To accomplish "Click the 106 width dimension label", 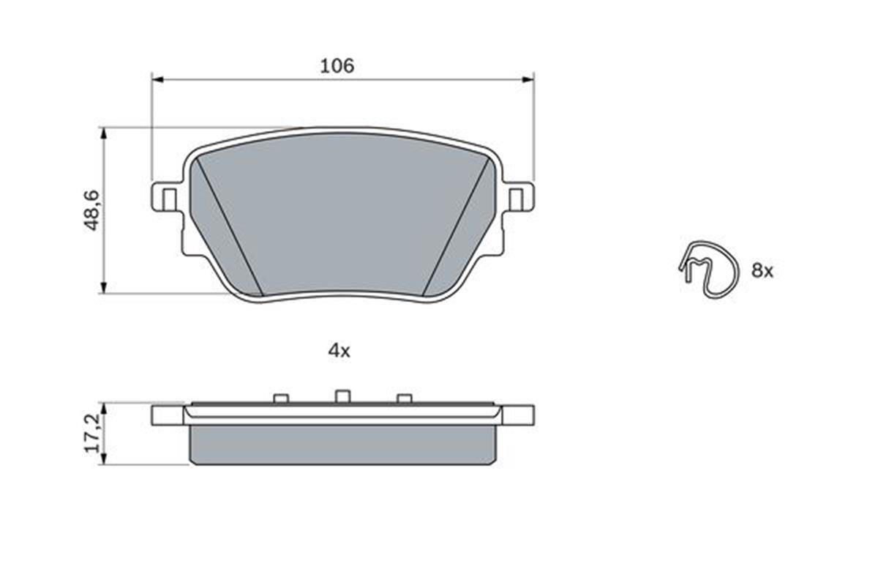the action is coord(337,66).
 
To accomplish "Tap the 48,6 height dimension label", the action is coord(92,210).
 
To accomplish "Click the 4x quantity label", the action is coord(339,351).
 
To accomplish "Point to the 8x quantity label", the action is coord(762,271).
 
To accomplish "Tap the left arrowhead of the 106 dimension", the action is coord(157,80).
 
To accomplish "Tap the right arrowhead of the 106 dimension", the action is coord(528,80).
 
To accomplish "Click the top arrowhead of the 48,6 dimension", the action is coord(103,133).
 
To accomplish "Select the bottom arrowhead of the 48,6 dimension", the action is coord(103,288).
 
